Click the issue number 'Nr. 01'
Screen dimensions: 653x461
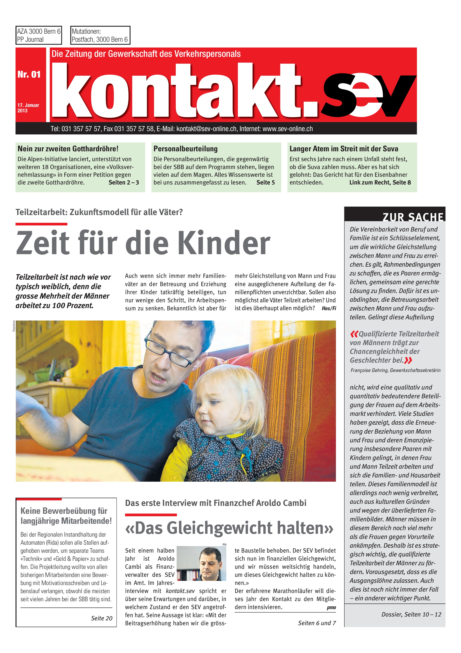coord(29,74)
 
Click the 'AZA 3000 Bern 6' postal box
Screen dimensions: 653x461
coord(39,35)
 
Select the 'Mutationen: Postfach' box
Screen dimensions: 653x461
coord(100,35)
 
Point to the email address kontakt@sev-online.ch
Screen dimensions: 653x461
coord(206,129)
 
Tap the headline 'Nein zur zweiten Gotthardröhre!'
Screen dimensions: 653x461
coord(68,149)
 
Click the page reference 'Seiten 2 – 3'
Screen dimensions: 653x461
coord(124,183)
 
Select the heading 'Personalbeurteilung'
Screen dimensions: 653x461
coord(186,149)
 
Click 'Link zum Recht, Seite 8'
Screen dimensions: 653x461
coord(380,183)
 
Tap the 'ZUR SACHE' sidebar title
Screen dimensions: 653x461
coord(413,217)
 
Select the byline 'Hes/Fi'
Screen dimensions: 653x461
coord(329,308)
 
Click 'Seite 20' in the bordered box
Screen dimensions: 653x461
coord(101,618)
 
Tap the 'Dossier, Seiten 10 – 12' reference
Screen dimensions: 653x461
coord(411,614)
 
